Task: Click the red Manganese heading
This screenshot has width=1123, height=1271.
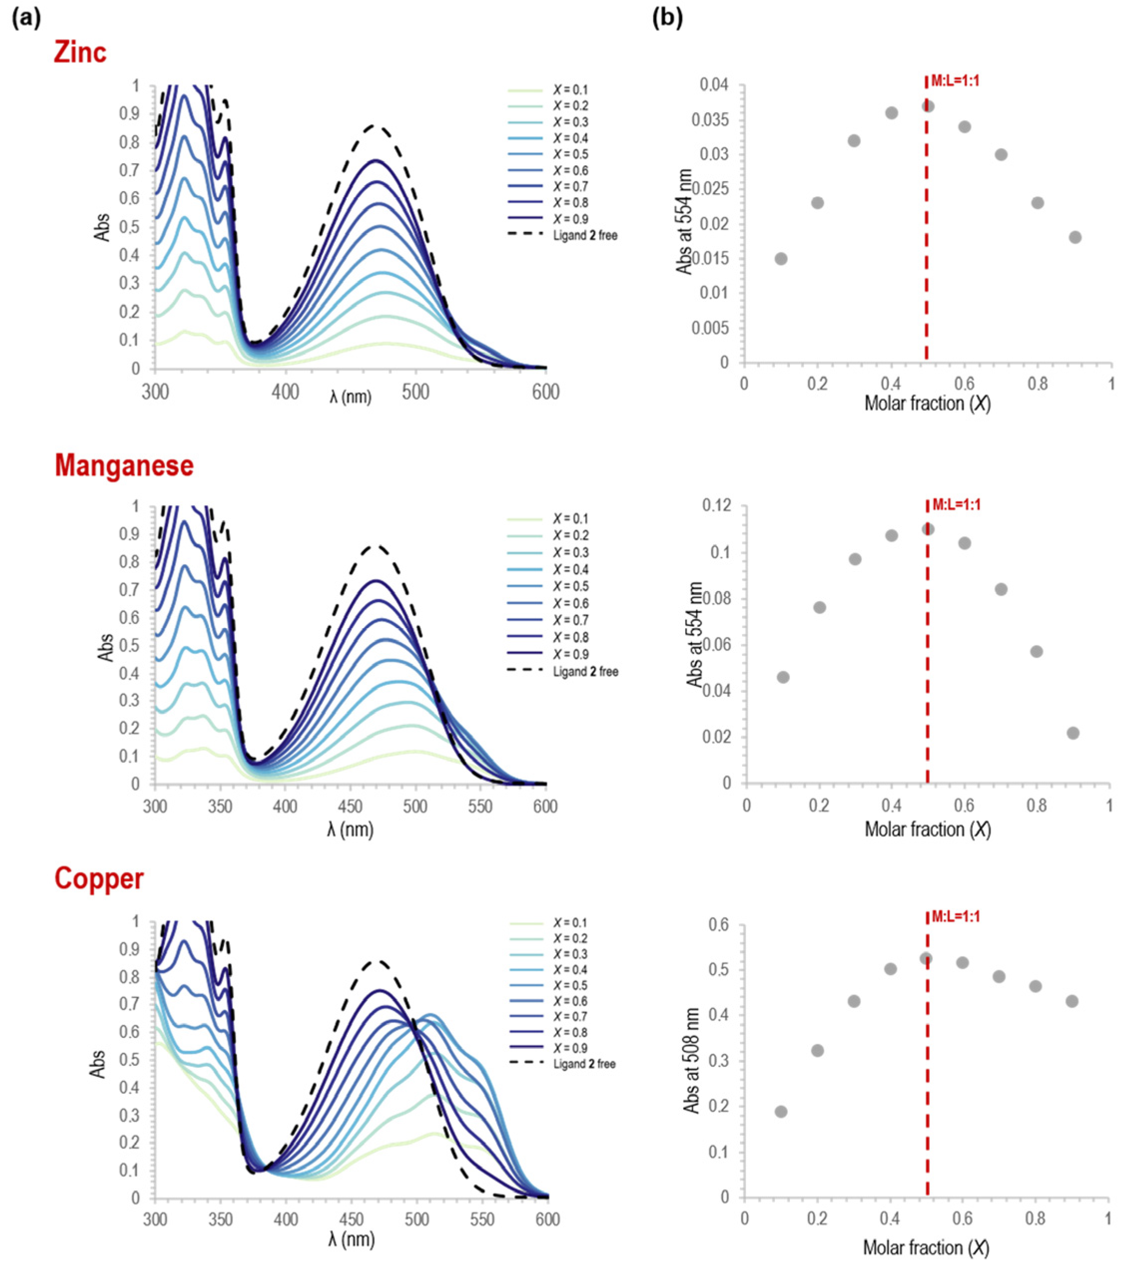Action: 124,465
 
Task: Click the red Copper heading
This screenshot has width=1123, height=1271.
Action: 99,879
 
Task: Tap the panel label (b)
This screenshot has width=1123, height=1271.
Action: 667,18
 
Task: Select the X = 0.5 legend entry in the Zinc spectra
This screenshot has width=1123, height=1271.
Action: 570,154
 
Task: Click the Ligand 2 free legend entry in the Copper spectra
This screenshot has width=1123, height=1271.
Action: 584,1064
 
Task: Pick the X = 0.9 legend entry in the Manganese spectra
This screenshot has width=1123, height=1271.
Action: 570,654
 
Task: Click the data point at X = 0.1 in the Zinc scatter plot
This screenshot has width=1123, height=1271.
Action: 781,259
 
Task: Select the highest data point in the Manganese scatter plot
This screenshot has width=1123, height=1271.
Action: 928,529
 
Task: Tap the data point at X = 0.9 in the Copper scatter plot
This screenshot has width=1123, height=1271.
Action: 1072,1001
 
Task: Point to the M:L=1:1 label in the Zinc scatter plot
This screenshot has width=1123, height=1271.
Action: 955,81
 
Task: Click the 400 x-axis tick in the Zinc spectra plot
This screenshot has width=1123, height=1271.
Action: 286,392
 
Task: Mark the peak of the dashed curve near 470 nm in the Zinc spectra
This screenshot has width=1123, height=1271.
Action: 373,126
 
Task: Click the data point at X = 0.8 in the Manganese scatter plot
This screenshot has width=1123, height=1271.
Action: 1036,651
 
